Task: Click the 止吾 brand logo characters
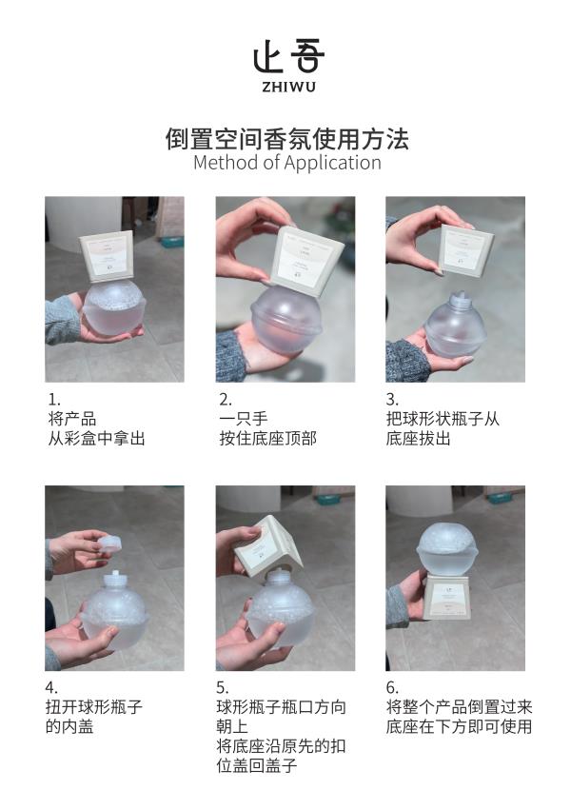pos(288,57)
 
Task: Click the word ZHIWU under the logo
pos(288,87)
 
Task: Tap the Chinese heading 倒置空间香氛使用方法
pos(287,138)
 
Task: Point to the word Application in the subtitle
pos(333,164)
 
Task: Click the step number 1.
pos(54,400)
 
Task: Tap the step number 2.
pos(226,400)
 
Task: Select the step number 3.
pos(392,400)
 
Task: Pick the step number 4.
pos(51,687)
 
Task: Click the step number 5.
pos(223,687)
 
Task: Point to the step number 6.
pos(392,687)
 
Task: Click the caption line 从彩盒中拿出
pos(96,439)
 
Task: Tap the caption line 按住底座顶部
pos(268,439)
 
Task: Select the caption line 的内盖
pos(69,726)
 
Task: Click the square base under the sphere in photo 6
pos(448,598)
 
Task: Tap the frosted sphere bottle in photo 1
pos(114,307)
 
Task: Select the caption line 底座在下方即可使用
pos(459,726)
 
